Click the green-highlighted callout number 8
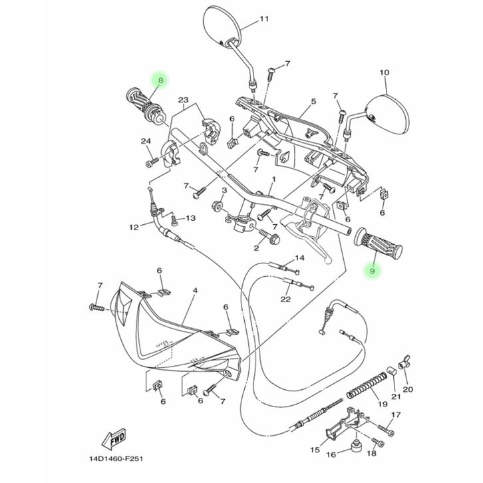[160, 80]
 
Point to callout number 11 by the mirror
[264, 19]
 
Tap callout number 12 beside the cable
[133, 227]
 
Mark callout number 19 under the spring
[383, 404]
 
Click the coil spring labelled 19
[365, 385]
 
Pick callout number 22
[285, 299]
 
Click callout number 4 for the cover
[195, 291]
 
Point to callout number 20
[408, 389]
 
